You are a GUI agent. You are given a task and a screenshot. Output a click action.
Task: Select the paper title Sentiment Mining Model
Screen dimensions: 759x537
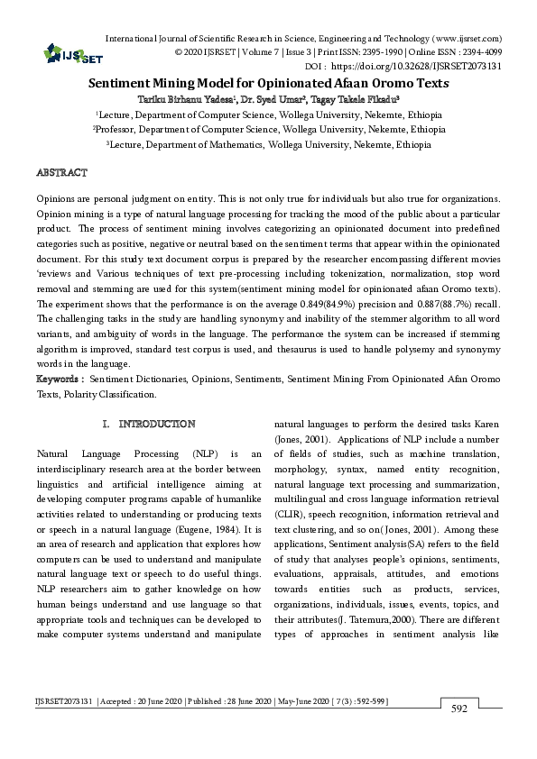pos(268,82)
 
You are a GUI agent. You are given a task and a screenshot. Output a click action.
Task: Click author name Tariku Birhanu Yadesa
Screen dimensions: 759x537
pos(179,98)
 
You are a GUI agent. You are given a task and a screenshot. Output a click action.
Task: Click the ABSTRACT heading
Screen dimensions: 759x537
pos(61,171)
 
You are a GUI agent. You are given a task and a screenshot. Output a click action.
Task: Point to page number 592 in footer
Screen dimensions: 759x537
pos(458,709)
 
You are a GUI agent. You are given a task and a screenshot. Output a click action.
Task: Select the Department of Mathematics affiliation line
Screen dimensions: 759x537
pos(268,144)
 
